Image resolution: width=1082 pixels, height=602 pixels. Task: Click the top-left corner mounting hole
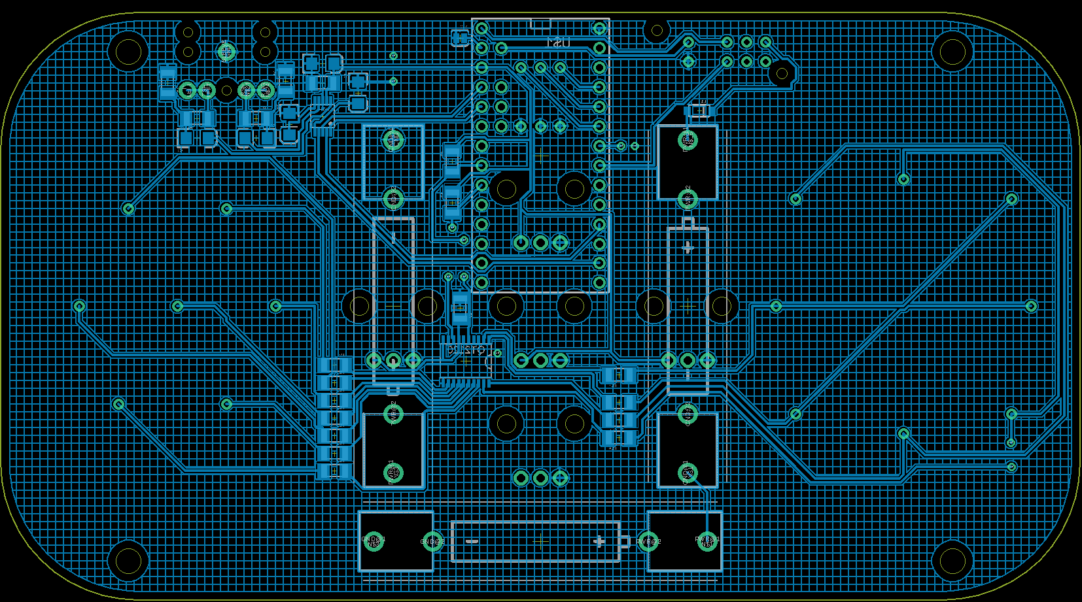click(x=128, y=51)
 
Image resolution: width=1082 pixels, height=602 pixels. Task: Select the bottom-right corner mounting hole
click(x=952, y=560)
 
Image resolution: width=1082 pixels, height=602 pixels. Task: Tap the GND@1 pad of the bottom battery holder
click(x=374, y=541)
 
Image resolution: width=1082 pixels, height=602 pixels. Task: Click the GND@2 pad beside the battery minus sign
click(x=432, y=541)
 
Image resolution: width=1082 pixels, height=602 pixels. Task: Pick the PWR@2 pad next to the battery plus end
click(x=648, y=541)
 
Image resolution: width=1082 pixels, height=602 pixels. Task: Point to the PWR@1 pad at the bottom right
click(x=707, y=541)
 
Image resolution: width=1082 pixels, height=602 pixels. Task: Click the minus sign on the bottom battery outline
click(x=472, y=541)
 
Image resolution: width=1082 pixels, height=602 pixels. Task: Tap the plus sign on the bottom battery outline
click(x=598, y=541)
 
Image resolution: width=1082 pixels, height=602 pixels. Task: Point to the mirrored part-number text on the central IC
click(x=466, y=350)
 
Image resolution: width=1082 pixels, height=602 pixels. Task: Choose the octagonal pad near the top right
click(x=782, y=73)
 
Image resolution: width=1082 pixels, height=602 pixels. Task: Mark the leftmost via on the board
click(x=79, y=306)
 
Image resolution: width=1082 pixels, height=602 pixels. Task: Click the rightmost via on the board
click(x=1031, y=306)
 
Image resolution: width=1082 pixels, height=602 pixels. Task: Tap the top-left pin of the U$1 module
click(x=481, y=28)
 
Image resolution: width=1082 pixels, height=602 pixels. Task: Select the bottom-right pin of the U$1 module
click(x=599, y=282)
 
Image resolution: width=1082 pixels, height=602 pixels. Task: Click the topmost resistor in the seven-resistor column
click(x=335, y=365)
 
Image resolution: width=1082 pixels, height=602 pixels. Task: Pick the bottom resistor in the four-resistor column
click(x=619, y=437)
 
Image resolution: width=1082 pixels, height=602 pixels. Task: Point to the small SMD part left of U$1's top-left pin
click(x=461, y=38)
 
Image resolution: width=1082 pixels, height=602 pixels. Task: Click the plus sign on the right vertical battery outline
click(x=688, y=248)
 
